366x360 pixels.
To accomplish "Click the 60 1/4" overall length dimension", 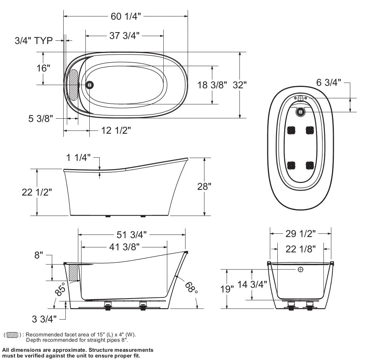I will coord(126,16).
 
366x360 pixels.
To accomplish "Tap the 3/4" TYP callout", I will coord(34,40).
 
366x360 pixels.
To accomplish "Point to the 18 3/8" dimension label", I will coord(212,85).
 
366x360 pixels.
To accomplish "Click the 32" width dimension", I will coord(240,85).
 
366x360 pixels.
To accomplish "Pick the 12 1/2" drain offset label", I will coord(116,130).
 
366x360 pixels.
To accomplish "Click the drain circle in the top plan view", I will coord(90,85).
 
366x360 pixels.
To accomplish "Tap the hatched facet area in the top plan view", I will coord(73,85).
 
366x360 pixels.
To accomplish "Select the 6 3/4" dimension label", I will coord(327,83).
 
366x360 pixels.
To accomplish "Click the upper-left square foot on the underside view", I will coord(291,130).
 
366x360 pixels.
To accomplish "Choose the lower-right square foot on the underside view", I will coord(310,166).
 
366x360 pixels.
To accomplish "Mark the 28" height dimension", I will coord(204,186).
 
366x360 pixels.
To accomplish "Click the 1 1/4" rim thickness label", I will coord(78,157).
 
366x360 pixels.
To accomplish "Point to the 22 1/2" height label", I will coord(37,192).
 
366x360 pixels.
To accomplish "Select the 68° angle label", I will coord(191,286).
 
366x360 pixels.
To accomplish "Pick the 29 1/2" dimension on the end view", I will coord(300,233).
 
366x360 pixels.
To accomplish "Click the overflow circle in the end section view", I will coord(300,269).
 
